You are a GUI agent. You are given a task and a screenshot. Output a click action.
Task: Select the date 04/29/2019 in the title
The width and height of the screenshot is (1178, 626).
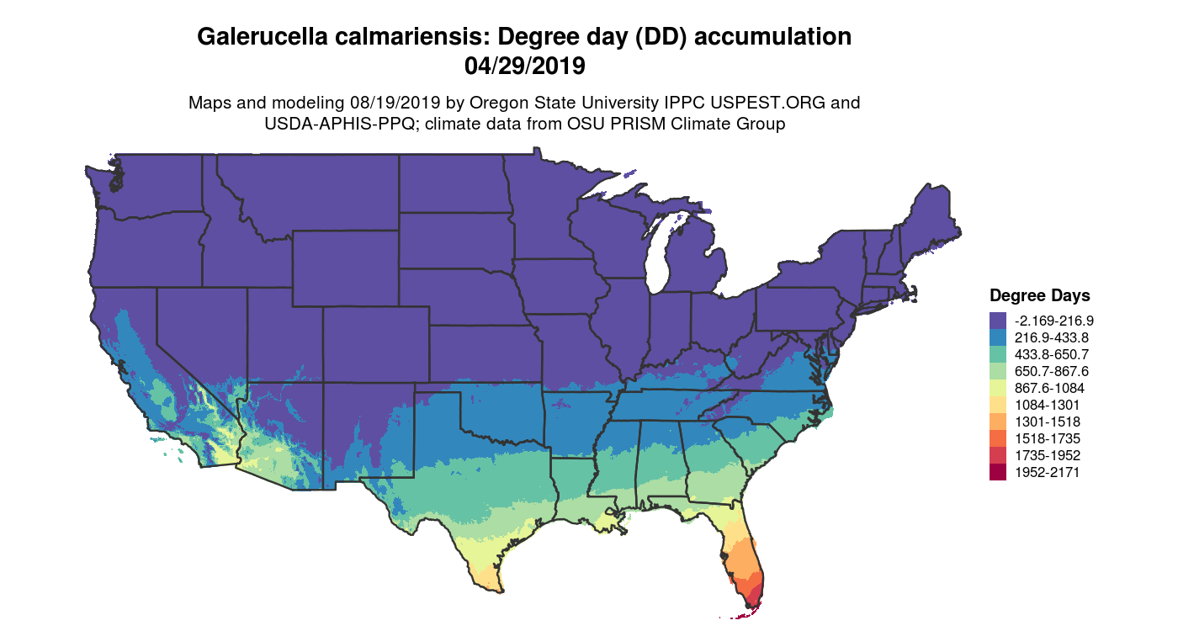(x=523, y=65)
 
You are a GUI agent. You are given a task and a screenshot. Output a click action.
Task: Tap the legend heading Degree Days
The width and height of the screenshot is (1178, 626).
(x=1039, y=295)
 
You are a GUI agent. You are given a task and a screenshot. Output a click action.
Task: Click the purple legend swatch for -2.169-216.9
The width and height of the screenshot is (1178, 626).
(x=998, y=321)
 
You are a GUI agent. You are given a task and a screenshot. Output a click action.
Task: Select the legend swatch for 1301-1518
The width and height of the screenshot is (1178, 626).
(x=998, y=422)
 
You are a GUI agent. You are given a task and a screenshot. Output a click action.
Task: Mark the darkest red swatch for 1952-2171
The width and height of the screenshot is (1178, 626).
(x=998, y=472)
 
